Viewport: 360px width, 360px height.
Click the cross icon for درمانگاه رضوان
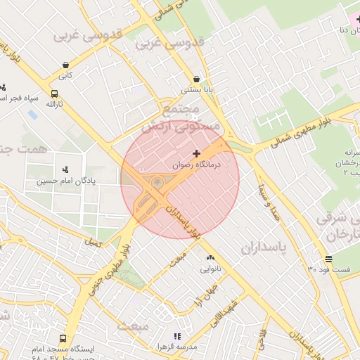[x=196, y=153]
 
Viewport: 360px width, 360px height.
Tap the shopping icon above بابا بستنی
[x=196, y=79]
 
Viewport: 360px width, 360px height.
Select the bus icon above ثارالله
[x=54, y=94]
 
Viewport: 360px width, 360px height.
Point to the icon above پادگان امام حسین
[x=65, y=169]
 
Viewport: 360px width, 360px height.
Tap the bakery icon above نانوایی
[x=211, y=258]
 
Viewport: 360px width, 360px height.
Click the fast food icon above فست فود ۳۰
[x=328, y=259]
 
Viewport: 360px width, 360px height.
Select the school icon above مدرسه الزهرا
[x=177, y=337]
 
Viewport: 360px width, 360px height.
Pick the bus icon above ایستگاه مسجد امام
[x=63, y=338]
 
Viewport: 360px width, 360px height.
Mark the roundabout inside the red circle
[x=156, y=184]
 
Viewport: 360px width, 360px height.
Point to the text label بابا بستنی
[x=196, y=90]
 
